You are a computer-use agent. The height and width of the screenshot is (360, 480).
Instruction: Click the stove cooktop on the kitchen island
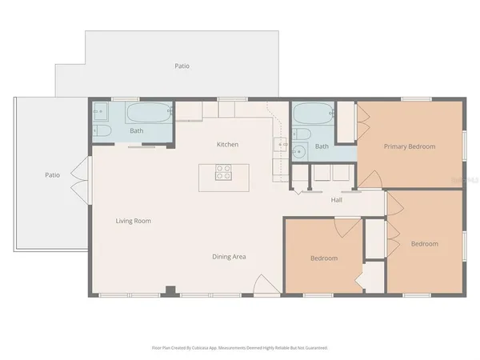(x=224, y=172)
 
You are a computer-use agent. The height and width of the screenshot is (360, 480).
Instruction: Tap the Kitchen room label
(x=228, y=144)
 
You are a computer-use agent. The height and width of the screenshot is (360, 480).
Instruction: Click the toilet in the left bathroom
(x=102, y=130)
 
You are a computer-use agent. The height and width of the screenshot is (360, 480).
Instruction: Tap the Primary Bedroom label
(x=409, y=146)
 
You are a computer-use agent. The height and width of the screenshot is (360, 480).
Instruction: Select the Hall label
(x=337, y=200)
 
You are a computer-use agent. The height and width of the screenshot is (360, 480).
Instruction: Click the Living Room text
(x=134, y=221)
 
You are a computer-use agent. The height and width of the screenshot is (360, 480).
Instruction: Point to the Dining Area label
(x=229, y=257)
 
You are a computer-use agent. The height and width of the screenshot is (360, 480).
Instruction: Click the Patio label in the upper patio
(x=182, y=66)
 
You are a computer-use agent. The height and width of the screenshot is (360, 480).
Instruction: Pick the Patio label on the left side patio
(x=53, y=174)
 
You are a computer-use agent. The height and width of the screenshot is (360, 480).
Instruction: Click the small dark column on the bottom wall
(x=168, y=290)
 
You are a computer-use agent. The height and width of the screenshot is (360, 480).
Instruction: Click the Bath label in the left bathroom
(x=137, y=130)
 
